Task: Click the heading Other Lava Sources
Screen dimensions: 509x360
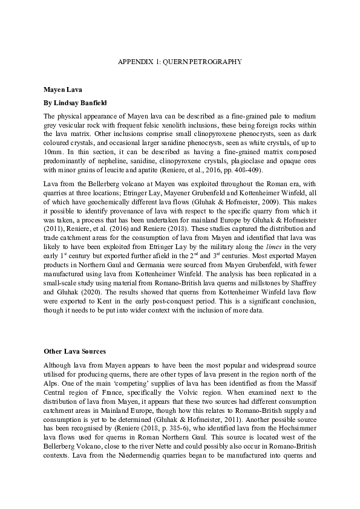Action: tap(74, 351)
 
